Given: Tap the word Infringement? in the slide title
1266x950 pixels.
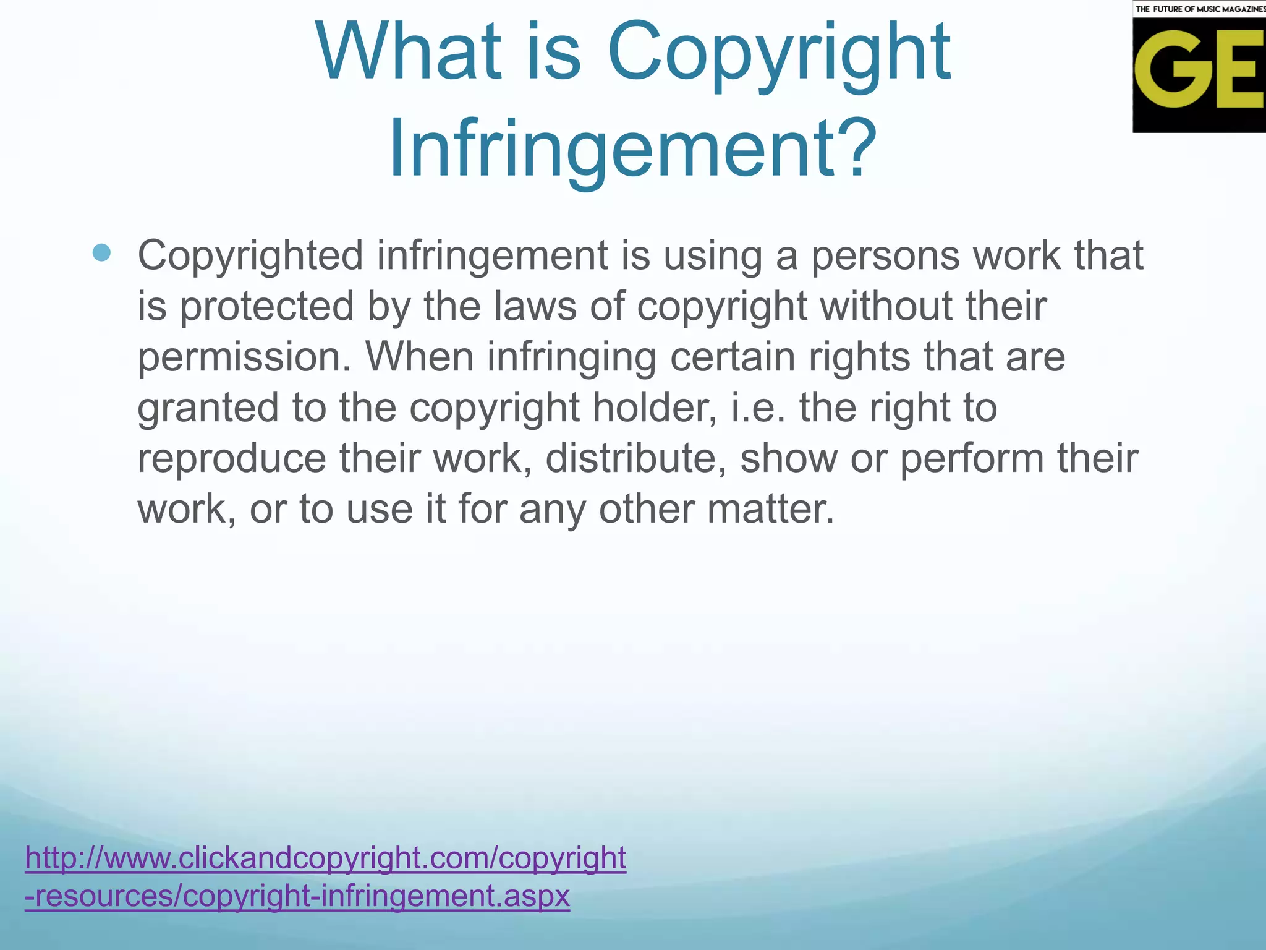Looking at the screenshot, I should pos(632,150).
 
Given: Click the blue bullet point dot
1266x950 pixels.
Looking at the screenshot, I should pos(101,252).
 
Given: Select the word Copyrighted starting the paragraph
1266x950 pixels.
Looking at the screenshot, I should pos(250,256).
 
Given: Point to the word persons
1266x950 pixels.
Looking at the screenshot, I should pos(885,256).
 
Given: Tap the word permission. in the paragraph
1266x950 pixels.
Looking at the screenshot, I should pos(244,357).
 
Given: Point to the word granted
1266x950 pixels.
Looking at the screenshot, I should pos(208,408).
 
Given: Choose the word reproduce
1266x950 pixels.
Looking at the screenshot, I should pos(231,459).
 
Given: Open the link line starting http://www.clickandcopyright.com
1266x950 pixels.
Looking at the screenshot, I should pos(325,858).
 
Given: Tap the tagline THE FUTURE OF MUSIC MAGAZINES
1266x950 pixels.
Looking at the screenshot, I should pos(1200,9).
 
